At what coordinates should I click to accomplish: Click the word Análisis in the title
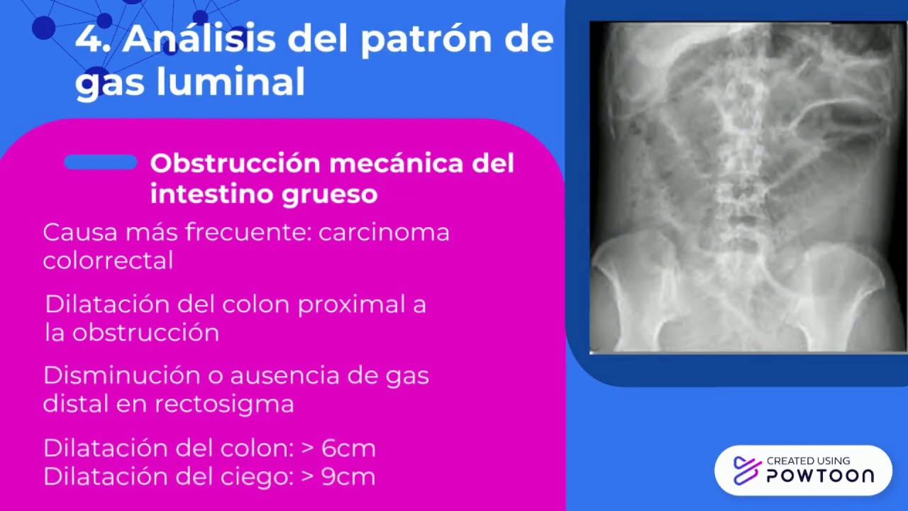(198, 40)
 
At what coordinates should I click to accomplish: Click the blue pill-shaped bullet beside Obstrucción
(100, 163)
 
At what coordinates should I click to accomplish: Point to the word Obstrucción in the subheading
(235, 163)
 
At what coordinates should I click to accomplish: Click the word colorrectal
(108, 260)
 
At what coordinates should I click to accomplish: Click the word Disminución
(120, 375)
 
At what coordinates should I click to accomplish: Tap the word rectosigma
(223, 404)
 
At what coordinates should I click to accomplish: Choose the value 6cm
(348, 448)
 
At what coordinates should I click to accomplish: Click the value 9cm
(348, 476)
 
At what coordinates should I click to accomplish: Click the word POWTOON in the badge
(820, 476)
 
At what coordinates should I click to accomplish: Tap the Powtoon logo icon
(746, 470)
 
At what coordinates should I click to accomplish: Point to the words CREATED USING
(808, 461)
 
